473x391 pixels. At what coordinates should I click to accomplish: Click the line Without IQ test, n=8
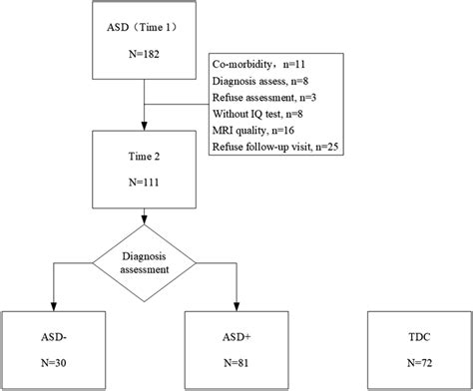[257, 116]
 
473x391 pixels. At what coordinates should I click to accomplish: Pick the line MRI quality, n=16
[253, 132]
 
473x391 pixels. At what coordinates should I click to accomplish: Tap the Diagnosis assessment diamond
[146, 261]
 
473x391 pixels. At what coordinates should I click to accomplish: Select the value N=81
[236, 361]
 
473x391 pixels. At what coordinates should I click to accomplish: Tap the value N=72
[419, 361]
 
